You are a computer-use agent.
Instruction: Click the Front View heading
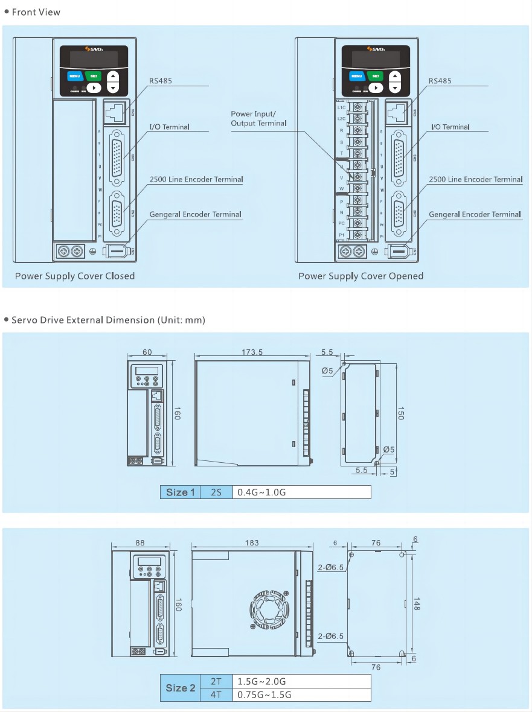point(36,12)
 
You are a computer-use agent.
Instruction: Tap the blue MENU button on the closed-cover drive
point(74,76)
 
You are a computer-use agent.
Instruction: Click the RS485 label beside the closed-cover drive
point(161,81)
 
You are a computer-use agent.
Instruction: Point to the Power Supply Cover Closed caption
point(74,276)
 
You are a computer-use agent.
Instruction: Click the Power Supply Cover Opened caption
point(361,276)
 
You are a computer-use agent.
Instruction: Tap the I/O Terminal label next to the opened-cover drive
point(450,127)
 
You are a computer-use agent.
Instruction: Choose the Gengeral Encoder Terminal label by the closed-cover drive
point(195,214)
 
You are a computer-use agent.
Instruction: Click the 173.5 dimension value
point(252,352)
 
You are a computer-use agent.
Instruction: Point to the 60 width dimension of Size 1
point(147,352)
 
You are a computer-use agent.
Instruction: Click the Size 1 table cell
point(181,492)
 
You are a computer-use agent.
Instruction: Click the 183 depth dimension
point(252,542)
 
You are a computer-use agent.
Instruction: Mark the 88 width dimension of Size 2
point(141,542)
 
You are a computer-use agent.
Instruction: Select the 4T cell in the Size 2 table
point(216,694)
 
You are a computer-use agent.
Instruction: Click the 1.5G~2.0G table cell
point(262,681)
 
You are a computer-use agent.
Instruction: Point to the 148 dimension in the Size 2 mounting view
point(416,603)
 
